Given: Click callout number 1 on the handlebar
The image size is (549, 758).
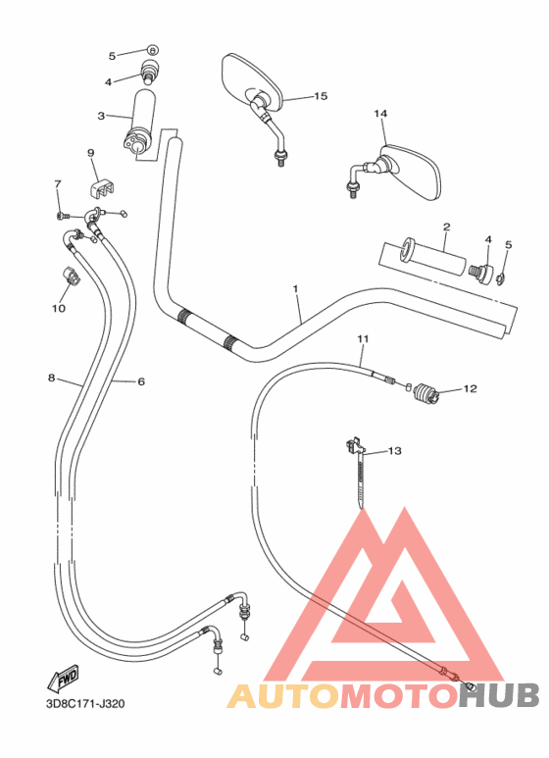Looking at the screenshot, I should pyautogui.click(x=295, y=289).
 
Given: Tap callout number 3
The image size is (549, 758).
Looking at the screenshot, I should pyautogui.click(x=100, y=117).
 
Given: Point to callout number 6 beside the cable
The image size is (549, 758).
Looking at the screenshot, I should pyautogui.click(x=140, y=381).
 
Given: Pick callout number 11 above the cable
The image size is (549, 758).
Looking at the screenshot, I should pyautogui.click(x=363, y=339).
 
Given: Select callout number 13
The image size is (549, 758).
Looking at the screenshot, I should pyautogui.click(x=394, y=451).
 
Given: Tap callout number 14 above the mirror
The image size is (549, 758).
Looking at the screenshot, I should pyautogui.click(x=380, y=114).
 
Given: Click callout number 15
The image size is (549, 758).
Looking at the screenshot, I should pyautogui.click(x=320, y=96).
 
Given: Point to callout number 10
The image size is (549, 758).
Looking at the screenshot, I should pyautogui.click(x=58, y=308).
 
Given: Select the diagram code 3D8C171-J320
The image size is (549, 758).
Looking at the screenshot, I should pyautogui.click(x=84, y=703).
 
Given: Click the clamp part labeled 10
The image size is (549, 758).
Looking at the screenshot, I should pyautogui.click(x=72, y=276).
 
